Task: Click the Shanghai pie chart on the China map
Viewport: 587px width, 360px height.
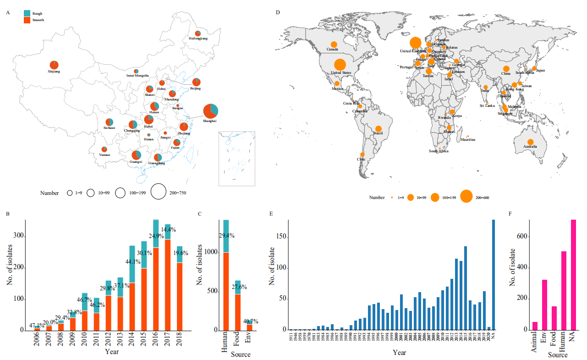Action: (210, 111)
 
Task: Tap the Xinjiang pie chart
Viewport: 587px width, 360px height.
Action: (54, 65)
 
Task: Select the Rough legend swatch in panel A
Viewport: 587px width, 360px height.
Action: (27, 14)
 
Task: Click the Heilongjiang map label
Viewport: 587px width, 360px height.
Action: (198, 39)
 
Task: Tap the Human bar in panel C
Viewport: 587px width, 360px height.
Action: (226, 275)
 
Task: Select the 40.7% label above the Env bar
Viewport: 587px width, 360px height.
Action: (251, 321)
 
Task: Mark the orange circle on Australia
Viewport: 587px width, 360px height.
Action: (530, 142)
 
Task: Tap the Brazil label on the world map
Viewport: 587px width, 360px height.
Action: (378, 133)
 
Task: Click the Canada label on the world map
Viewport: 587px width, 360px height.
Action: (332, 49)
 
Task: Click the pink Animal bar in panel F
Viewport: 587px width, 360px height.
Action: (535, 326)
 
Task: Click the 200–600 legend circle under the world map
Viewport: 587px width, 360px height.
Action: (466, 197)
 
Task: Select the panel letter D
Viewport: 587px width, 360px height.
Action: (277, 12)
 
